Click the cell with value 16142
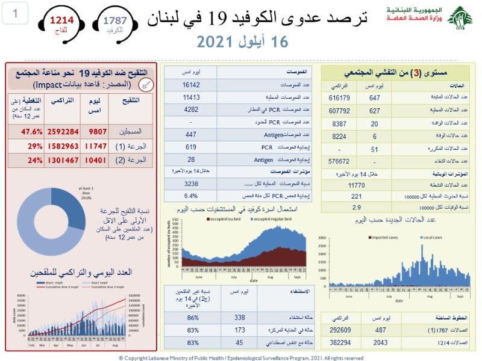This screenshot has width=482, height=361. [x=190, y=85]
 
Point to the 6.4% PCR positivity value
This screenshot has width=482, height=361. [x=190, y=196]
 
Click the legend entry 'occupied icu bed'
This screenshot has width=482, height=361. [x=225, y=219]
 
